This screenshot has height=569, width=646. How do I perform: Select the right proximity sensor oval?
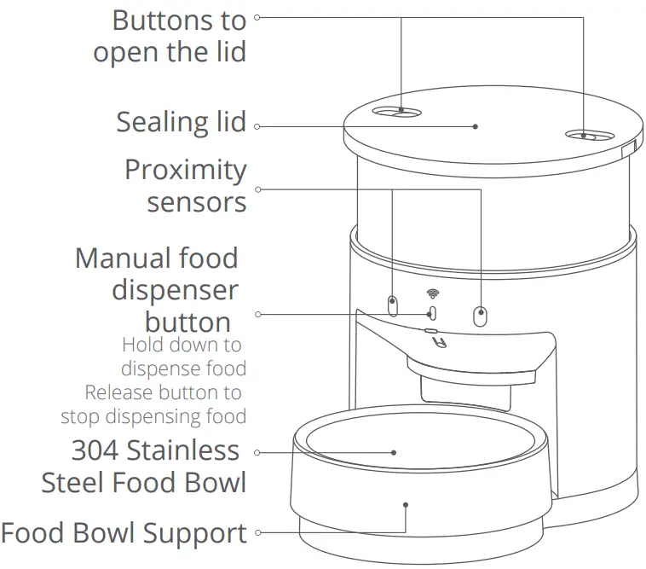pyautogui.click(x=482, y=315)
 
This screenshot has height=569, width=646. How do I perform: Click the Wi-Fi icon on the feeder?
pyautogui.click(x=432, y=294)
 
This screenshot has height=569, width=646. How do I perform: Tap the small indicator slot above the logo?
pyautogui.click(x=431, y=330)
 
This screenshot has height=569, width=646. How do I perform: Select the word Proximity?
pyautogui.click(x=185, y=169)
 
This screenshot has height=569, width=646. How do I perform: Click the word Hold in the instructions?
pyautogui.click(x=141, y=345)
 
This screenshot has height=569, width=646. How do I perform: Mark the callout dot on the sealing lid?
pyautogui.click(x=476, y=127)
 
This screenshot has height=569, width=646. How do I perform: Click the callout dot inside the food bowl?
pyautogui.click(x=395, y=453)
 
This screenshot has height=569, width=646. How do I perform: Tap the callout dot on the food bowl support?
pyautogui.click(x=406, y=504)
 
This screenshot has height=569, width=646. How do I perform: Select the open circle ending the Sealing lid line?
pyautogui.click(x=257, y=127)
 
